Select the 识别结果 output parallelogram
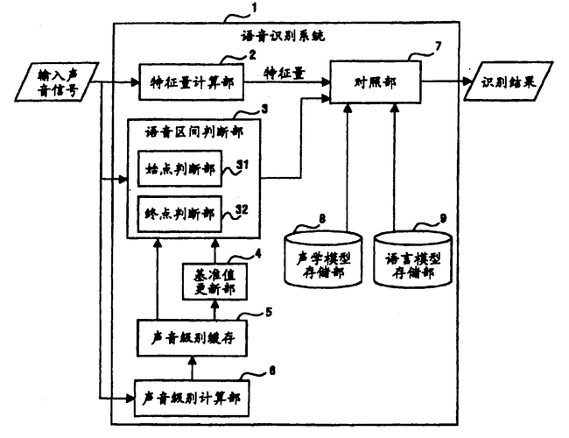[511, 83]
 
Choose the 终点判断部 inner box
[181, 211]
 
